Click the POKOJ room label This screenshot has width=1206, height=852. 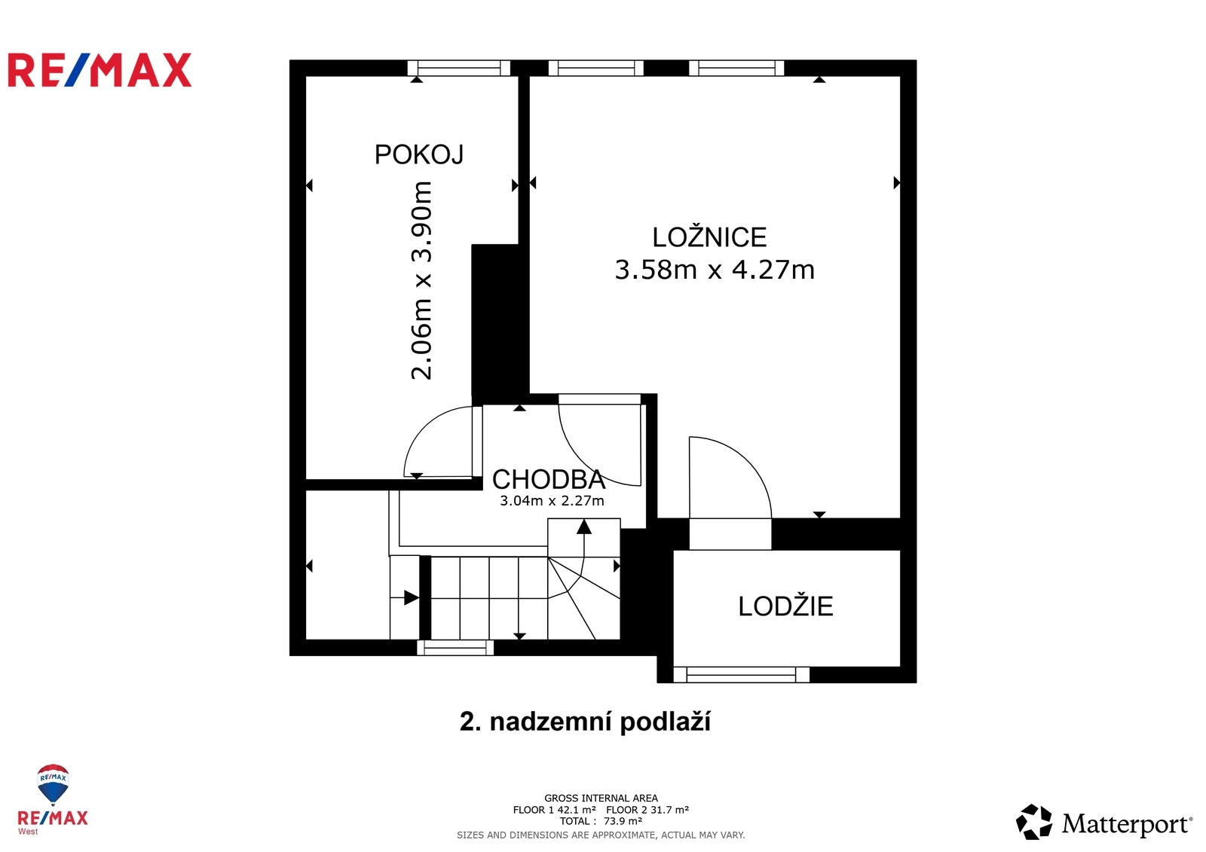419,154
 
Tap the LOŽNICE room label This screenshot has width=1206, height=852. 709,237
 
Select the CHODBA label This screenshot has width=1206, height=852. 549,479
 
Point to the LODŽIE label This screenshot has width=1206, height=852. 785,606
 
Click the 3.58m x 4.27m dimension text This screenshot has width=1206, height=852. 715,270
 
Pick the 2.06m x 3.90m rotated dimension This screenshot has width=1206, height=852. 421,280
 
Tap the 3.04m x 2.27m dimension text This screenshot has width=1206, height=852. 552,501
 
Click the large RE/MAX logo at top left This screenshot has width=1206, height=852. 99,70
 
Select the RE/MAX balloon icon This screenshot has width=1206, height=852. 53,784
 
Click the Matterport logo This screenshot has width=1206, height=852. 1103,823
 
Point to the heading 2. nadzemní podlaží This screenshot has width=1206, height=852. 585,722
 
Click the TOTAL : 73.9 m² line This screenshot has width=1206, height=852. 601,821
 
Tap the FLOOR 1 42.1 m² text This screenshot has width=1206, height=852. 554,810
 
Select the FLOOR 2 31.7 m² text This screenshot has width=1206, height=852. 647,810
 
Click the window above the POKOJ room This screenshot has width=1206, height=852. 459,69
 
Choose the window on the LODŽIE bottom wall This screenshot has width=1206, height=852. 742,674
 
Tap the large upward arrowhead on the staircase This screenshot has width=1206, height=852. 584,527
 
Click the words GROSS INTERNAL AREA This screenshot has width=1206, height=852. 601,799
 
